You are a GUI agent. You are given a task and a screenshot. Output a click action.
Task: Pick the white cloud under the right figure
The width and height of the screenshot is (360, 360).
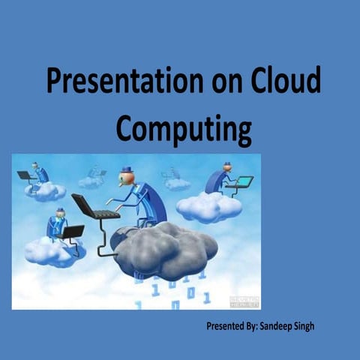coord(208,205)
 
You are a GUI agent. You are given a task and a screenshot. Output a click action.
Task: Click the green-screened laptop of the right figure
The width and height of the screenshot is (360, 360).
coord(241,182)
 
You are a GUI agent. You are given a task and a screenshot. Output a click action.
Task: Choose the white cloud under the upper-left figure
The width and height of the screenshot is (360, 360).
coord(45,191)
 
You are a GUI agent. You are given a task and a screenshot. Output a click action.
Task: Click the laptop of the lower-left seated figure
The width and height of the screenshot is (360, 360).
coord(71,232)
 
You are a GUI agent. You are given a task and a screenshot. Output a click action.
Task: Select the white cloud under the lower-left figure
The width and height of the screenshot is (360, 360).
coord(52,251)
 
